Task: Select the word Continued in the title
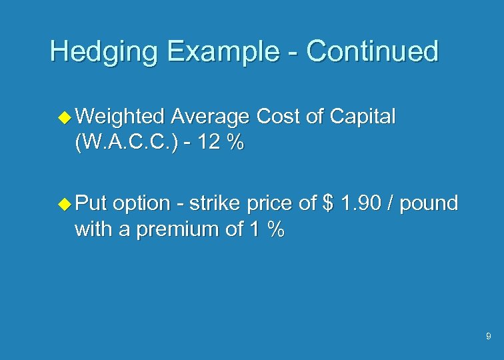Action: tap(373, 51)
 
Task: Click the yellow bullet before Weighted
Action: tap(65, 118)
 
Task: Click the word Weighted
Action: tap(121, 117)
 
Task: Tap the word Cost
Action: tap(279, 117)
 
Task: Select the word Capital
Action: tap(361, 117)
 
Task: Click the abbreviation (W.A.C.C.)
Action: tap(127, 143)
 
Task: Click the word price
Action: tap(271, 203)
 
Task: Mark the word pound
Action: tap(429, 203)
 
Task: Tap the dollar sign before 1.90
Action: tap(327, 203)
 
